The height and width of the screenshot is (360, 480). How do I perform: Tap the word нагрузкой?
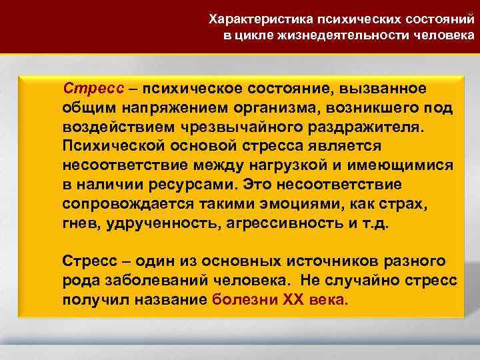(x=291, y=164)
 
